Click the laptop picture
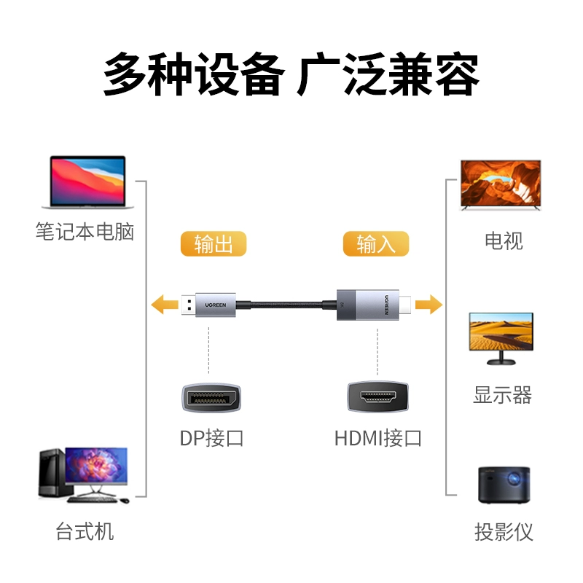tap(87, 182)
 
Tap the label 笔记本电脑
tap(85, 232)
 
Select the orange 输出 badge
tap(214, 244)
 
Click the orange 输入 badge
tap(376, 244)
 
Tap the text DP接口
tap(211, 439)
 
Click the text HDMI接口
tap(378, 439)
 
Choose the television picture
tap(501, 185)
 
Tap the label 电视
tap(504, 241)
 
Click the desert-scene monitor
tap(501, 337)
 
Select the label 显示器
tap(503, 396)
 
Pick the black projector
tap(504, 485)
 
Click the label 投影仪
tap(504, 532)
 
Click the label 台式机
tap(85, 531)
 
